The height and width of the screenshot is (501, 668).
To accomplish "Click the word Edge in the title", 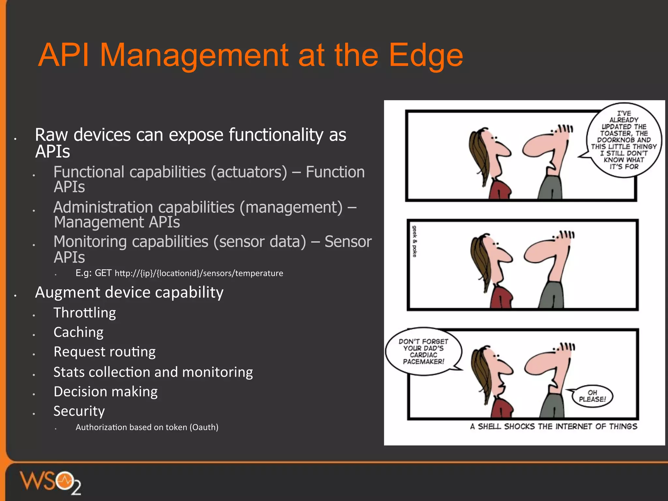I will [x=426, y=55].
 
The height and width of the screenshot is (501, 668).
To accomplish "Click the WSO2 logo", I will [x=51, y=482].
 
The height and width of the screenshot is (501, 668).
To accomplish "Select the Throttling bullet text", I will [x=84, y=313].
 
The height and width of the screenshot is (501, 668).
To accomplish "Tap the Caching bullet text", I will [x=78, y=332].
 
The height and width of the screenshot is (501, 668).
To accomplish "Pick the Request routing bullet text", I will [x=104, y=352].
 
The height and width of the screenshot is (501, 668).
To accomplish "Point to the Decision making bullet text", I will [x=105, y=392].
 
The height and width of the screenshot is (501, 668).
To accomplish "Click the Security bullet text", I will [x=79, y=411].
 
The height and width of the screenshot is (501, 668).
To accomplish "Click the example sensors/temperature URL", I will [x=199, y=273].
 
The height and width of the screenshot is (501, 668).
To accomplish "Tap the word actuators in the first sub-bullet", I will [x=249, y=172].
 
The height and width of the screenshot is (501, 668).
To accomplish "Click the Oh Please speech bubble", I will [x=592, y=396].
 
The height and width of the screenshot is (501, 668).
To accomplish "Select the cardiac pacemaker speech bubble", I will [x=423, y=352].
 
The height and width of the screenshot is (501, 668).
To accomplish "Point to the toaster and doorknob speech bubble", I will [x=624, y=140].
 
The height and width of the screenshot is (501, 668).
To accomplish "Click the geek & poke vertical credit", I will [x=414, y=241].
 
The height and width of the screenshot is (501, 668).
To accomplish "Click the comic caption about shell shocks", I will [x=553, y=427].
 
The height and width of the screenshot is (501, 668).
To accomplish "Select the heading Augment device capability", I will [x=129, y=292].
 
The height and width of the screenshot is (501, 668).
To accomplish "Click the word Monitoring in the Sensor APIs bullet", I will [x=90, y=242].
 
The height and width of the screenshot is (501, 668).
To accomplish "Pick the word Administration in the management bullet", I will [x=103, y=207].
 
